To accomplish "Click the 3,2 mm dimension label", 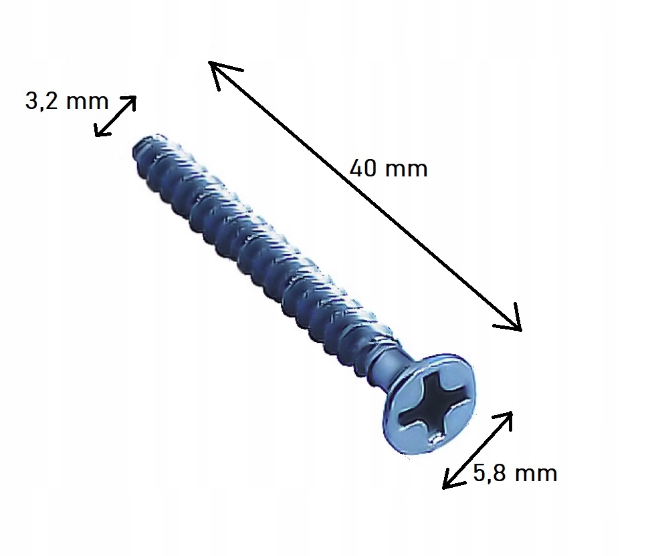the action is [67, 101].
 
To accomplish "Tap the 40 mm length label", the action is [389, 168].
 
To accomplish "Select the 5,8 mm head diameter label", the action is [515, 473].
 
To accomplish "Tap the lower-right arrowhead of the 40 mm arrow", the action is [521, 331].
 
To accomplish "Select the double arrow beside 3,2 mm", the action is [115, 116].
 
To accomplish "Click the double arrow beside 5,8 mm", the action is [477, 450].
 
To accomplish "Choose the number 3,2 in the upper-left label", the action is [41, 102].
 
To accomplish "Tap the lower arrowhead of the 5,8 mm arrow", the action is [445, 486].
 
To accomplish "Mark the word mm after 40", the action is [407, 170].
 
